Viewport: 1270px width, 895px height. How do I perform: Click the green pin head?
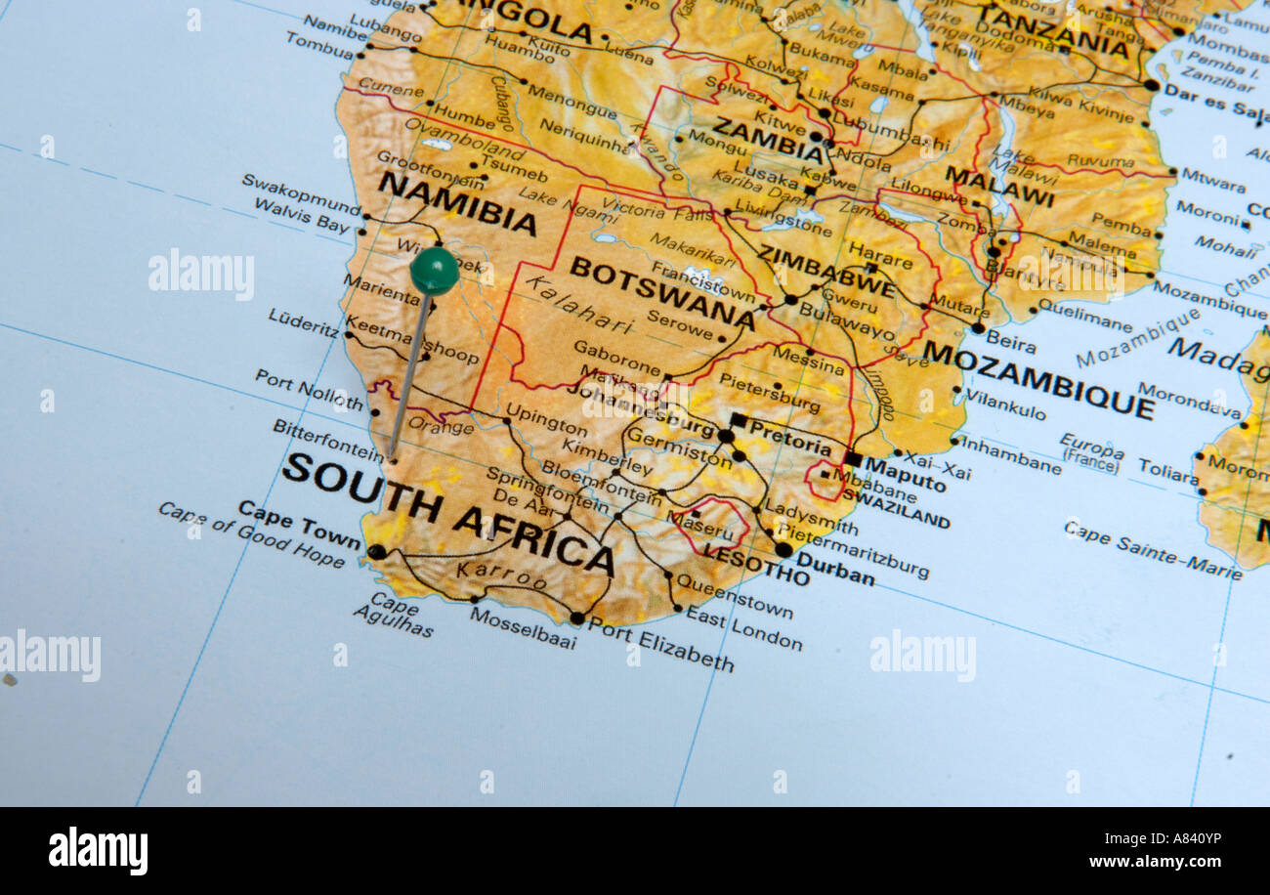click(434, 271)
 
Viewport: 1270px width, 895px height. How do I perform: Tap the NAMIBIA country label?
click(457, 203)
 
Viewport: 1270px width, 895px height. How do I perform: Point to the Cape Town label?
click(299, 525)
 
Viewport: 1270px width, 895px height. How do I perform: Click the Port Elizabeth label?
click(660, 646)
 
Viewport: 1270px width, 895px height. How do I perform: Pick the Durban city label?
click(835, 570)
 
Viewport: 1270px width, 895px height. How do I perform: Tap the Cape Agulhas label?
click(394, 615)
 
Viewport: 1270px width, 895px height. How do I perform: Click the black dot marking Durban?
click(783, 549)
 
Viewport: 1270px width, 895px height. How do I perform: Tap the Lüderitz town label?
click(303, 322)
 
